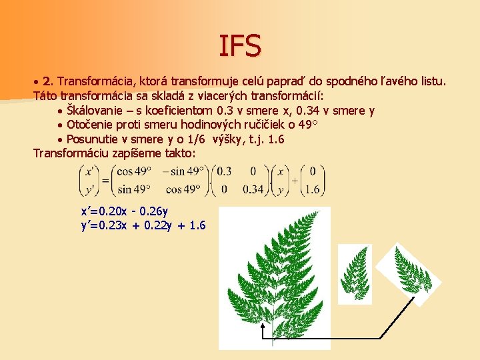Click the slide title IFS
click(x=240, y=45)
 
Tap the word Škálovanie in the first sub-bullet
click(x=95, y=111)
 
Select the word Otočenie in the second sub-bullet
click(x=88, y=125)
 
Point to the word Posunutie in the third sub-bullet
click(x=91, y=139)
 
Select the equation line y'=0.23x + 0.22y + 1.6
click(x=143, y=225)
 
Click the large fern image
click(x=275, y=273)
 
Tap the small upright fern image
click(x=355, y=273)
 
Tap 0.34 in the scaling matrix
click(x=253, y=189)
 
